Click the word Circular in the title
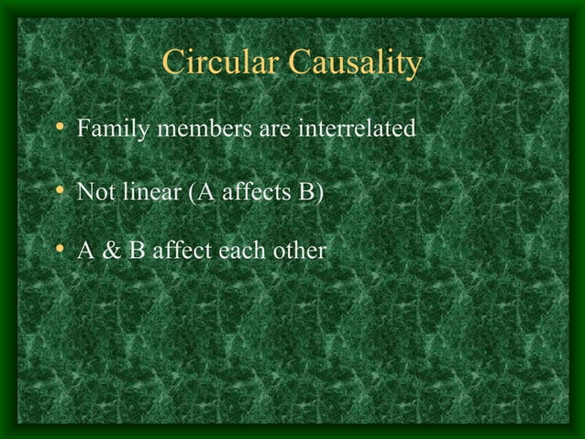[219, 63]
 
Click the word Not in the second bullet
[94, 195]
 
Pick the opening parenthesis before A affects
[191, 195]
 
